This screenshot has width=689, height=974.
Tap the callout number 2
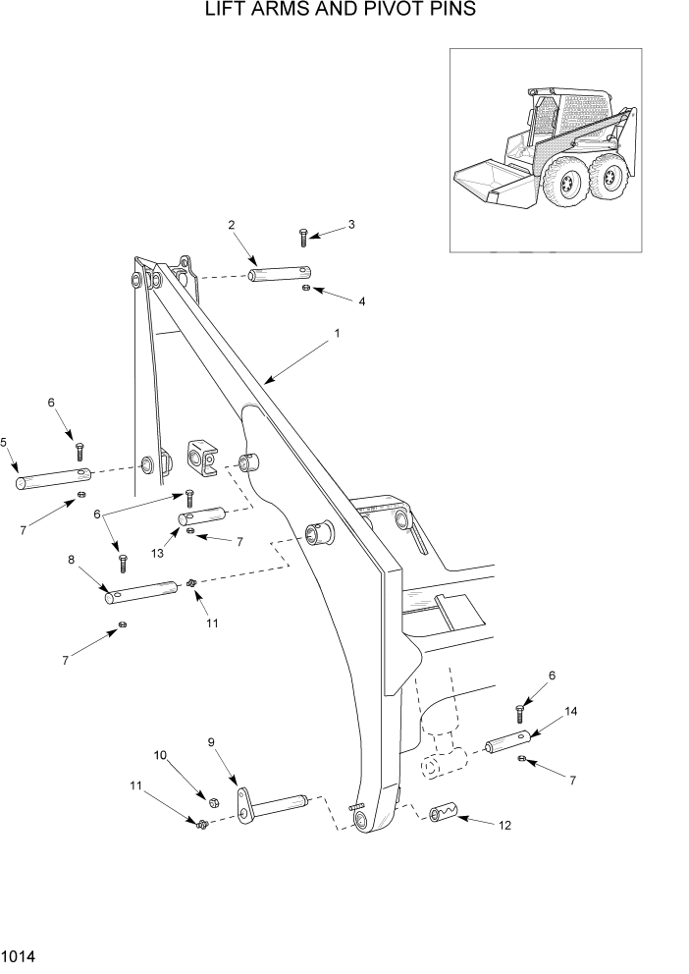tap(232, 225)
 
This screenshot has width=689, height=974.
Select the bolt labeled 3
tap(303, 237)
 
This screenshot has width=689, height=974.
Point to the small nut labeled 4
tap(306, 288)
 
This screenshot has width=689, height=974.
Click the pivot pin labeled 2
tap(281, 273)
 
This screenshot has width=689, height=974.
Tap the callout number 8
tap(71, 560)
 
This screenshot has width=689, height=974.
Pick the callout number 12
tap(504, 827)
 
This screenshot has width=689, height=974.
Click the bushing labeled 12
tap(444, 813)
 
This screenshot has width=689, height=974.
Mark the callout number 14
tap(570, 711)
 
